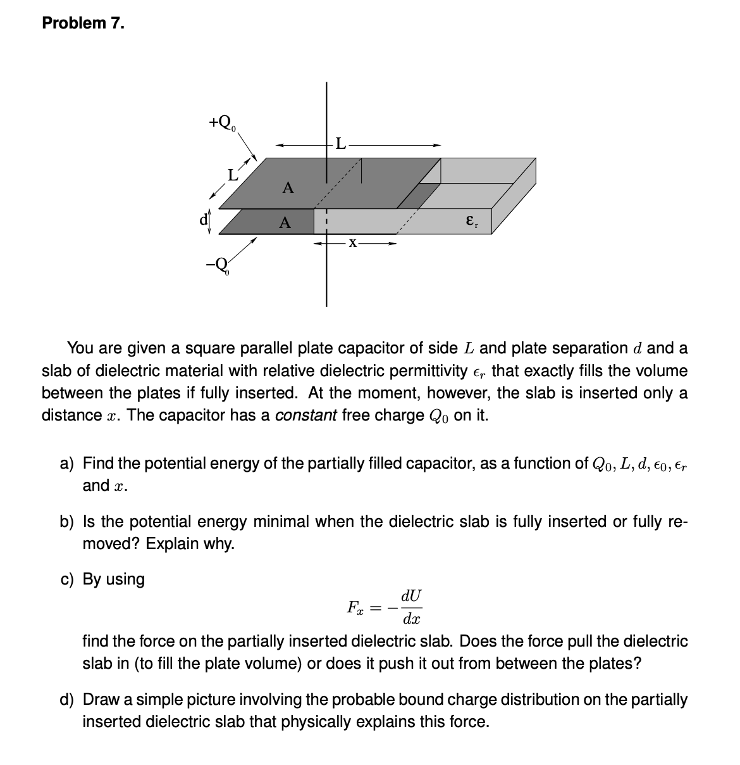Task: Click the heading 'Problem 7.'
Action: tap(83, 23)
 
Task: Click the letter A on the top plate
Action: tap(288, 187)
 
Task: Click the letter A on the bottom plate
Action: tap(285, 222)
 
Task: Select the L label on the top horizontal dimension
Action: tap(340, 144)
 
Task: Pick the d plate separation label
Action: tap(204, 220)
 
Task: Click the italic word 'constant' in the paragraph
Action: tap(305, 415)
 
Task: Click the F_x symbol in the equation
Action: tap(355, 608)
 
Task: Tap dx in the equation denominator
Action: tap(412, 619)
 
